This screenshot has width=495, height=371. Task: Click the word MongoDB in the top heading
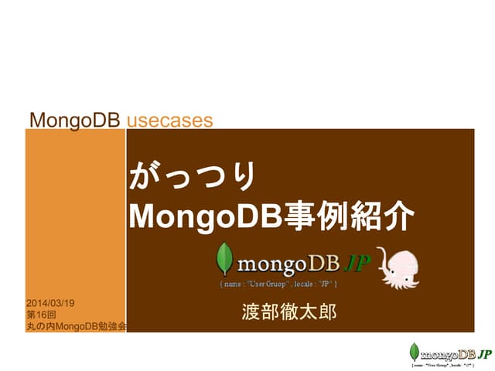tap(75, 120)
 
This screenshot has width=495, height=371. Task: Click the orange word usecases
tap(169, 120)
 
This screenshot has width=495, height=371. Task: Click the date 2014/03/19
tap(56, 303)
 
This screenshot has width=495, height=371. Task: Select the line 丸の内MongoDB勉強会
tap(76, 327)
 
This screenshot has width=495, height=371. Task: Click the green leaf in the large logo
tap(225, 260)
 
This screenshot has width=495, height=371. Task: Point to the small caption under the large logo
tap(278, 284)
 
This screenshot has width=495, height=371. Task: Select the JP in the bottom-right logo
tap(484, 354)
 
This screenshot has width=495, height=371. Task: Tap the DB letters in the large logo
tap(324, 264)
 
